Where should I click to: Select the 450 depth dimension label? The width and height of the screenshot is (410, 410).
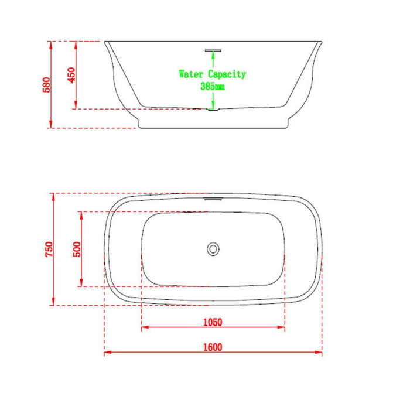tap(71, 76)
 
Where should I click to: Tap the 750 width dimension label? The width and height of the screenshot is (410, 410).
tap(49, 249)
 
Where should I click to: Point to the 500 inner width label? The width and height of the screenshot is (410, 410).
tap(77, 249)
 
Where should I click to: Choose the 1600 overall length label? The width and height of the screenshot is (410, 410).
tap(213, 347)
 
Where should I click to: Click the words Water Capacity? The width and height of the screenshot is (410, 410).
tap(212, 74)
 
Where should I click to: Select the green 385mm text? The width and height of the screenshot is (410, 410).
tap(212, 87)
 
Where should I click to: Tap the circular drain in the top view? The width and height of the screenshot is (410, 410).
tap(213, 249)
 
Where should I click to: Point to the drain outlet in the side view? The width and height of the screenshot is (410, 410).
tap(213, 109)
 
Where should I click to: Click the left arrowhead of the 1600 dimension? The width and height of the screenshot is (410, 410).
tap(107, 353)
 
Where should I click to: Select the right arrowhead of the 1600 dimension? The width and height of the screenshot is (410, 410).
tap(320, 353)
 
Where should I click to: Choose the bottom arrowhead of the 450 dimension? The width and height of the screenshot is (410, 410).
tap(76, 106)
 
